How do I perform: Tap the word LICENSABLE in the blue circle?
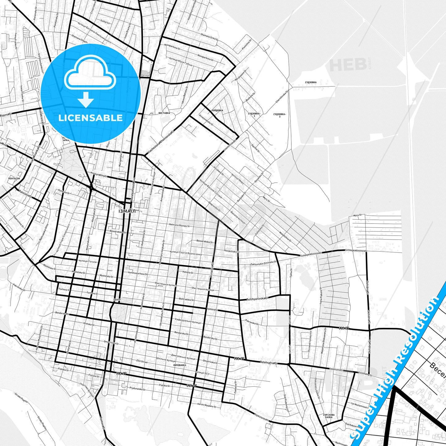click(x=90, y=118)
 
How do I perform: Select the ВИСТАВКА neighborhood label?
click(x=164, y=113)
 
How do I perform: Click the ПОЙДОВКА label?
click(x=217, y=110)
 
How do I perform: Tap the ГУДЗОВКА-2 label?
click(x=280, y=115)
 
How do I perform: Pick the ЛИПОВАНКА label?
click(x=180, y=365)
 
